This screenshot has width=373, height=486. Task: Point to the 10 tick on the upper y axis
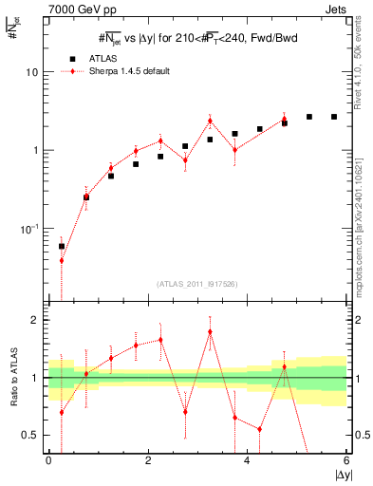[33, 72]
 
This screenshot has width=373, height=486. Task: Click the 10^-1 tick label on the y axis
[30, 229]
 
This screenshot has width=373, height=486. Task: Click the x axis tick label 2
[148, 461]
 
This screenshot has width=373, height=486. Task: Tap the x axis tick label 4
[247, 461]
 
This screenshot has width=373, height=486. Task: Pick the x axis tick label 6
[346, 461]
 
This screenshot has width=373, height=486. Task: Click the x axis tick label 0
[48, 461]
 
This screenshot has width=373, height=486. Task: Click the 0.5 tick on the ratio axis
[33, 435]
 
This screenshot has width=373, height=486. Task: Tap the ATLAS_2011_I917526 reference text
[196, 284]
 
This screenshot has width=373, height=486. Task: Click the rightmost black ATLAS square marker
[334, 117]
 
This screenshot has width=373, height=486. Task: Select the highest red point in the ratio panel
[210, 331]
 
